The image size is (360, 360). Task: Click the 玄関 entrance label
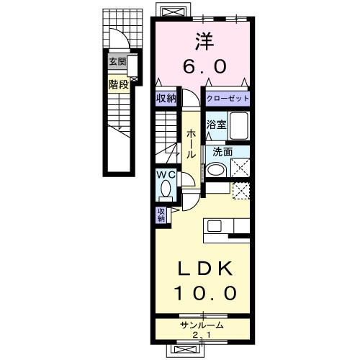click(x=117, y=62)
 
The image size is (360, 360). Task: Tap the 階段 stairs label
click(x=119, y=84)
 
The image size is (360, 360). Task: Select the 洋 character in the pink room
click(x=204, y=41)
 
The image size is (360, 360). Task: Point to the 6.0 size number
click(x=204, y=66)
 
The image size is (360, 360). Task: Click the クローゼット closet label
click(x=228, y=99)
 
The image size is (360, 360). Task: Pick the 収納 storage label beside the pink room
click(x=166, y=98)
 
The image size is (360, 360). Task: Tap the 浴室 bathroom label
click(x=216, y=125)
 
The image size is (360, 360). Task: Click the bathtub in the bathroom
click(x=239, y=125)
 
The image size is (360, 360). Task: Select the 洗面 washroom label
click(x=222, y=152)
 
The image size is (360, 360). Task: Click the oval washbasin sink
click(x=216, y=170)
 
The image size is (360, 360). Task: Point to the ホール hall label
click(x=191, y=143)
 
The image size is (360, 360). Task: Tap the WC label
click(x=166, y=175)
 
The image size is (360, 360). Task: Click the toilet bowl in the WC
click(x=166, y=189)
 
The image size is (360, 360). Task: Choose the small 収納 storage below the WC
click(x=161, y=215)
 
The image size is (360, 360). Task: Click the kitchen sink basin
click(x=215, y=226)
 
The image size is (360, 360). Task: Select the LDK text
click(x=204, y=268)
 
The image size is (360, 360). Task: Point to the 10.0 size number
click(x=205, y=293)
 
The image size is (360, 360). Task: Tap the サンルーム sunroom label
click(x=202, y=325)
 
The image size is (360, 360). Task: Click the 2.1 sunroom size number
click(x=202, y=335)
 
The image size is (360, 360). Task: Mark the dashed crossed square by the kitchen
click(x=240, y=191)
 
